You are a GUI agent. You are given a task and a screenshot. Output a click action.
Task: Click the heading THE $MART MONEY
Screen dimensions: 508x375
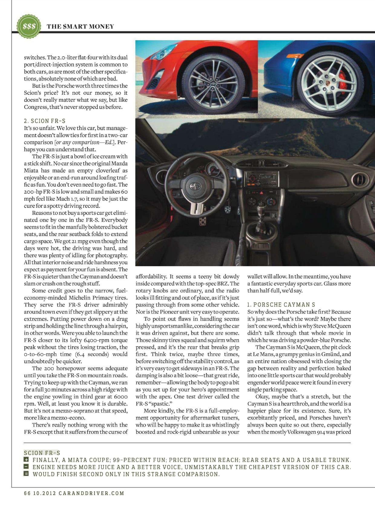click(80, 26)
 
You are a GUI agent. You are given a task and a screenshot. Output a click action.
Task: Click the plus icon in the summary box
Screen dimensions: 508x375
click(26, 460)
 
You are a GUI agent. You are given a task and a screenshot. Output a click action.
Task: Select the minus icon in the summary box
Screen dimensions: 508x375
click(26, 467)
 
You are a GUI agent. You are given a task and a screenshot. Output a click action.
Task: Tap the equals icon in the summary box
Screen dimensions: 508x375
click(26, 474)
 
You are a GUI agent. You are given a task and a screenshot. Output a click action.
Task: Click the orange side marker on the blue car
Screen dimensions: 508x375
click(295, 56)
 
